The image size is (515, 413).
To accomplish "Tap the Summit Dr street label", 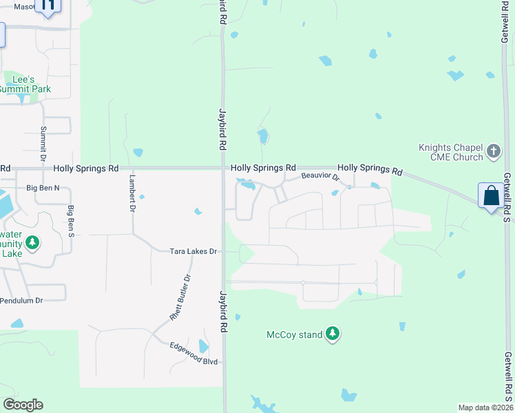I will click(x=43, y=144).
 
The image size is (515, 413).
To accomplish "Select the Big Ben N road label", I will click(x=43, y=187).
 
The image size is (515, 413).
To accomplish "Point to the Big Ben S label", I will click(x=70, y=220).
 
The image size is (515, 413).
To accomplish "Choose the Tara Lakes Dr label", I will click(x=193, y=251).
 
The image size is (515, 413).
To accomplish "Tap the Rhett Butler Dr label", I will click(x=180, y=297).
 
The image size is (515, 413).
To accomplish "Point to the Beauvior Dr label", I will click(x=321, y=177).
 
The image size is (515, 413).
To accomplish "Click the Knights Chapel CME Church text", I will click(x=451, y=151).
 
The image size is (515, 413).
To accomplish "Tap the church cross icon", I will click(x=493, y=151).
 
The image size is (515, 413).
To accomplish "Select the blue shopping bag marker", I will click(x=492, y=196).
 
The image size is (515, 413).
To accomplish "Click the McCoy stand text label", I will click(x=295, y=335).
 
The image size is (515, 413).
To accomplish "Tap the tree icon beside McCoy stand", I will click(x=333, y=335).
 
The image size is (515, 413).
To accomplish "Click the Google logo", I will click(x=23, y=405).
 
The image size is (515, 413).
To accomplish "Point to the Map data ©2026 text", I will click(x=485, y=407).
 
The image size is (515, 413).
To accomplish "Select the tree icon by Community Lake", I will click(x=32, y=243).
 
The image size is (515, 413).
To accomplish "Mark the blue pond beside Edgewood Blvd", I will click(x=203, y=346).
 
